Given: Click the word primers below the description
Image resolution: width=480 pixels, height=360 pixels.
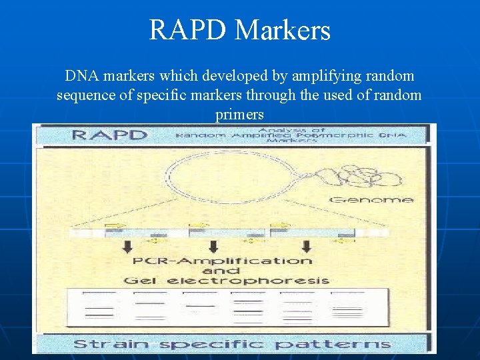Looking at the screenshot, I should (x=240, y=115).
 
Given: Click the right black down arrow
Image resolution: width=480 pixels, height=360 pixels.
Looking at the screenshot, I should (x=307, y=246).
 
